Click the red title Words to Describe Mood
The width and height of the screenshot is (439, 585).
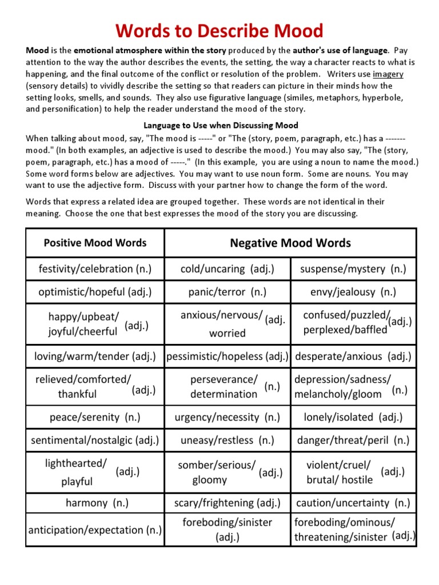pos(219,30)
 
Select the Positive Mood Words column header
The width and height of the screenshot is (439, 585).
pos(95,243)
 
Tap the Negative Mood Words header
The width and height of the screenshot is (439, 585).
pos(290,243)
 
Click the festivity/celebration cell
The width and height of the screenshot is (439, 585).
pos(95,269)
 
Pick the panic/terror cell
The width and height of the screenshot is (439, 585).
pos(228,292)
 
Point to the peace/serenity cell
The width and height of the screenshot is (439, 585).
pos(95,417)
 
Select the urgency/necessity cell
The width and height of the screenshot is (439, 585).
pos(228,417)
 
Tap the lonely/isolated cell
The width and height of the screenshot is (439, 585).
pos(353,417)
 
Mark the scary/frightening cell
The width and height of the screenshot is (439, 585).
pos(228,503)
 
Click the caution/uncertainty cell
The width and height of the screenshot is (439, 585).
pos(353,503)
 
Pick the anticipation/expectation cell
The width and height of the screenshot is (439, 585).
pos(95,530)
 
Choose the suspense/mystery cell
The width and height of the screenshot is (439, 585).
pos(353,269)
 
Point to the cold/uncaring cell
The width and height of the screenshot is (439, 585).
pos(228,269)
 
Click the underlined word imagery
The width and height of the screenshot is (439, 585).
pos(388,74)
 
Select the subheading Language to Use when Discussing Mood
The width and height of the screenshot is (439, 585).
pos(221,125)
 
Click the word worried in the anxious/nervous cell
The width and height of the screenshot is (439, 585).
pos(228,333)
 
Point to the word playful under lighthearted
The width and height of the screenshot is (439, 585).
pos(77,482)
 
